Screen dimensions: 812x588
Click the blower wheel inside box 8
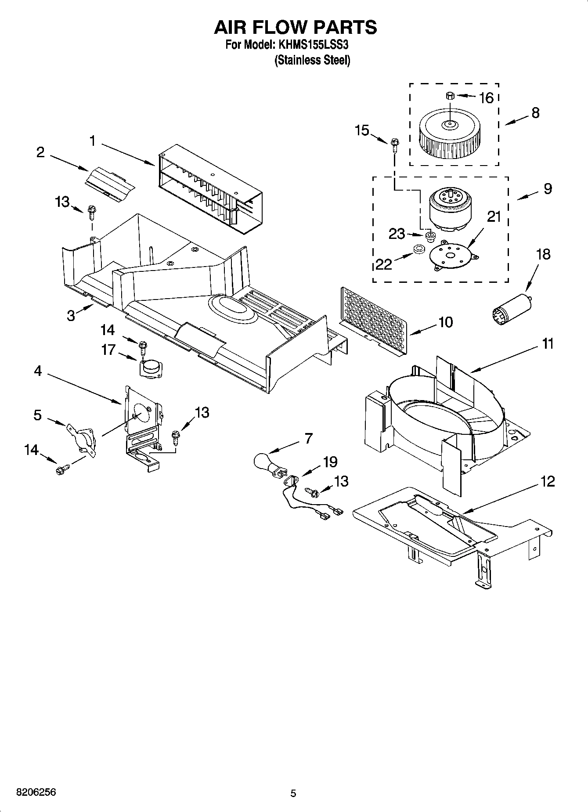point(449,134)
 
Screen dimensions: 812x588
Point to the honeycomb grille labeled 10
point(374,321)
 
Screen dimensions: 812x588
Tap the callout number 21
point(494,217)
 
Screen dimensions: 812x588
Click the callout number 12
point(547,481)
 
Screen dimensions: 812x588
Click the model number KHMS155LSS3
point(313,45)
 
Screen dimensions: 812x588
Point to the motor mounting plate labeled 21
point(450,256)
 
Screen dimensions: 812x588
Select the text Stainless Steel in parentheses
point(313,60)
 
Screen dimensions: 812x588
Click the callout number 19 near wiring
point(330,462)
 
